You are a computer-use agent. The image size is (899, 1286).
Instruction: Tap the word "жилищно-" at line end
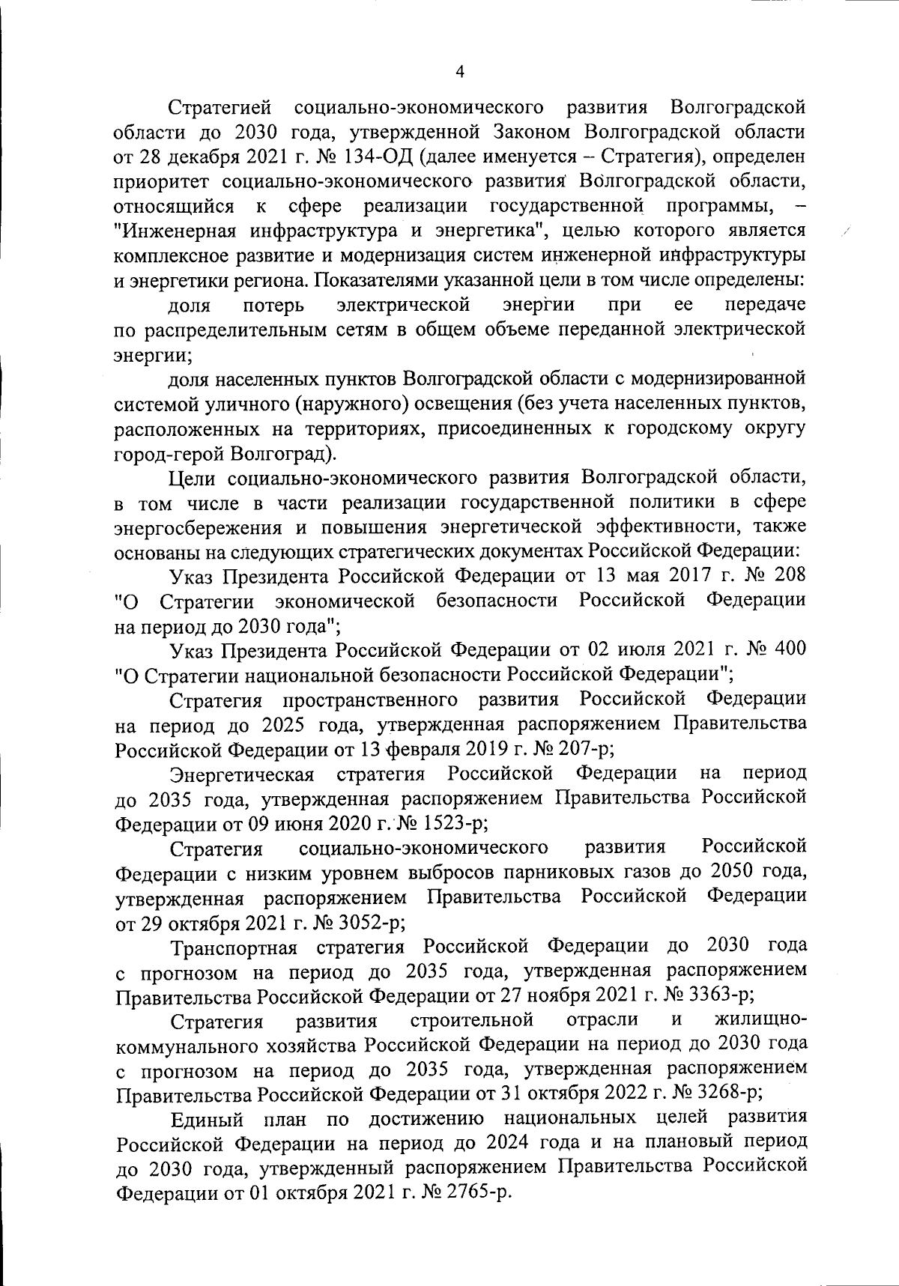coord(761,1020)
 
